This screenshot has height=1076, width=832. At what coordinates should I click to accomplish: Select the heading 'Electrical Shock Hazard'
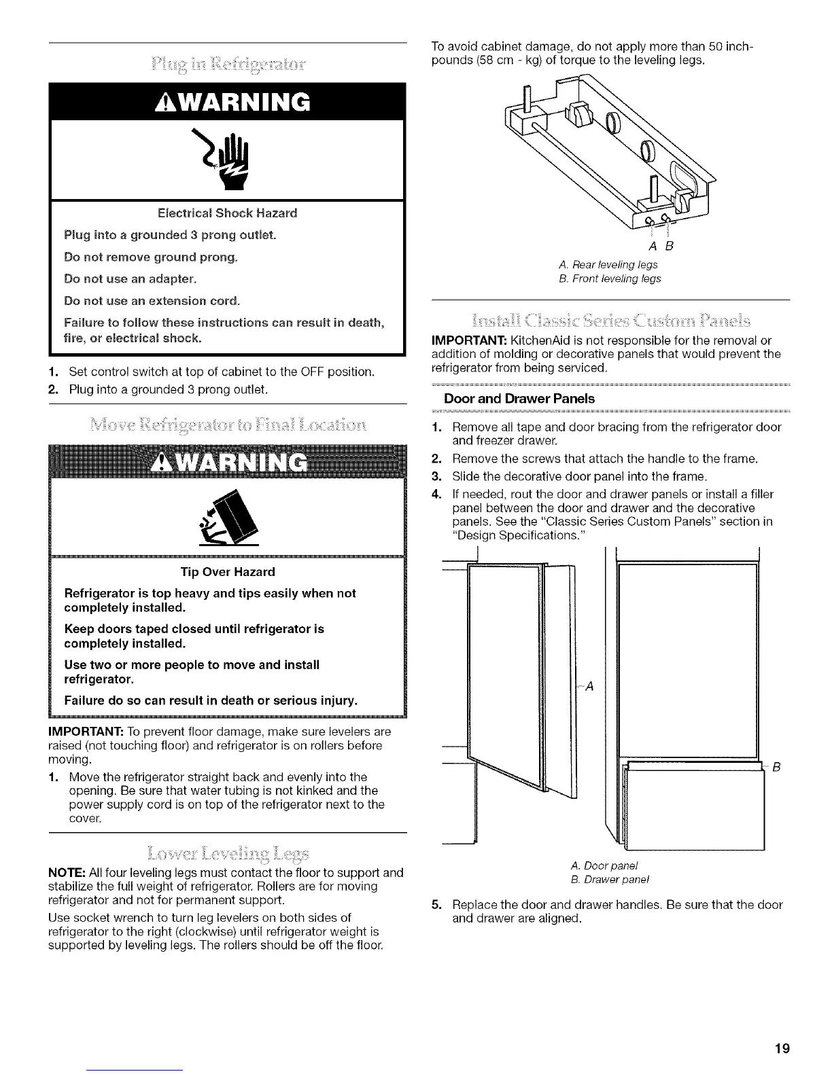pos(227,213)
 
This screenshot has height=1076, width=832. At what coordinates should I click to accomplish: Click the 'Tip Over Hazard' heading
pos(228,572)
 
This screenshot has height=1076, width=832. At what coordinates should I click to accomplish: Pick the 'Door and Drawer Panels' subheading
pos(519,399)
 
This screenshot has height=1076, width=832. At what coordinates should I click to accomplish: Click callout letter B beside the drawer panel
pos(776,768)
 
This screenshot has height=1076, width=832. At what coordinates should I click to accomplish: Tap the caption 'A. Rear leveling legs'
pos(607,264)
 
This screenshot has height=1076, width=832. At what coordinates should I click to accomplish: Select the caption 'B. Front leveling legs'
pos(609,279)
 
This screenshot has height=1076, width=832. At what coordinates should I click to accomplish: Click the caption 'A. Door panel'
pos(605,865)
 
